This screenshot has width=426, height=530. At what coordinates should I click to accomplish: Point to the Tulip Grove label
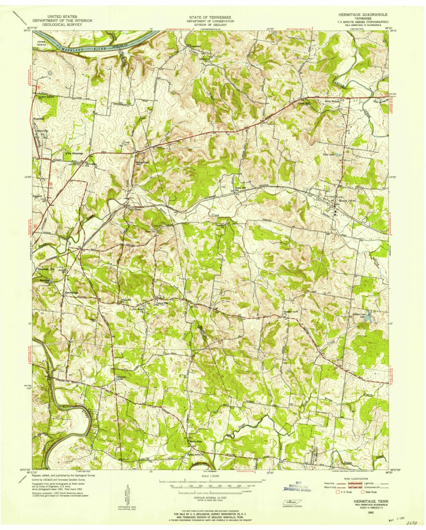pyautogui.click(x=128, y=210)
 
